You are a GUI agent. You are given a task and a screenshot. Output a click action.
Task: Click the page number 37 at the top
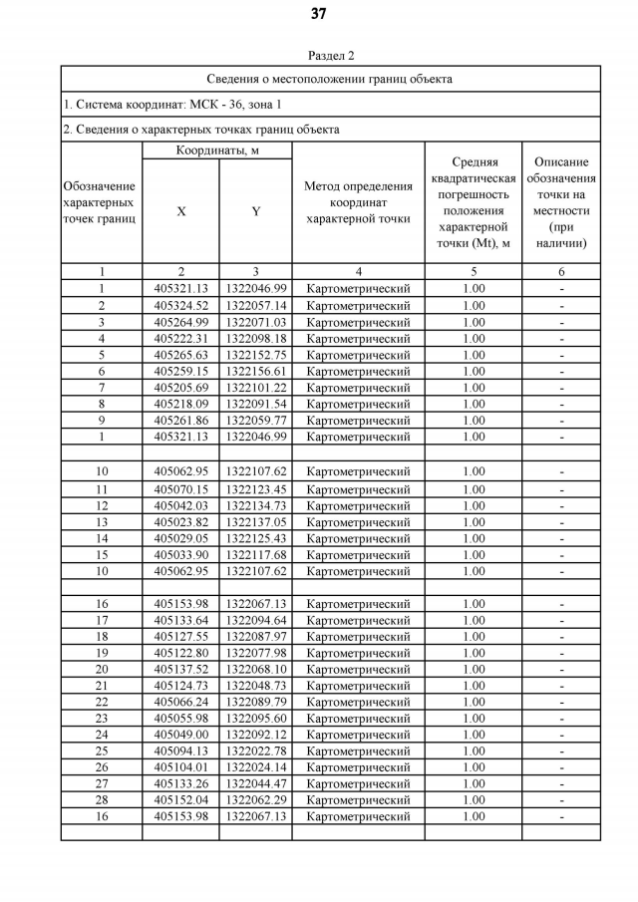pos(318,14)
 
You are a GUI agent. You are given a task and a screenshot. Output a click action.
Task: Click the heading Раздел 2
pos(331,56)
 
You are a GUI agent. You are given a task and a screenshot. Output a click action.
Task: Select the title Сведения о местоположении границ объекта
pos(330,79)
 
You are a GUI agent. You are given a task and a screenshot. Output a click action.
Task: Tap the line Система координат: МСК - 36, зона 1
pos(172,104)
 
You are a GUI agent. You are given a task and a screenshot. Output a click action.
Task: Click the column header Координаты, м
pos(217,150)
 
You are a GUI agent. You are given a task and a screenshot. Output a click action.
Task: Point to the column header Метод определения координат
pos(358,202)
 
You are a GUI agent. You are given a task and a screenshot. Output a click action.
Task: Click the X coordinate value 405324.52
pos(180,306)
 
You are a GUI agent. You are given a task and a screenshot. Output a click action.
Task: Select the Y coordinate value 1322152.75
pos(255,355)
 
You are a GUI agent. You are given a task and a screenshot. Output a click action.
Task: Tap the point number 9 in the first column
pos(102,421)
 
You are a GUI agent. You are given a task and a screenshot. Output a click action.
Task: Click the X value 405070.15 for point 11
pos(180,489)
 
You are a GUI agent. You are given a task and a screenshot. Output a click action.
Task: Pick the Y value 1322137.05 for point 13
pos(255,522)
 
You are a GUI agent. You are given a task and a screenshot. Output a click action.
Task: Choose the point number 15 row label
pos(102,555)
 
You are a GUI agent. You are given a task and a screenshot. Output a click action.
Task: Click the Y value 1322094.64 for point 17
pos(255,620)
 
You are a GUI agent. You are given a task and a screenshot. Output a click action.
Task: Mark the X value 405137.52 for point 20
pos(180,670)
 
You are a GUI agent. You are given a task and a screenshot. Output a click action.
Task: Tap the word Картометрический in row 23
pos(358,719)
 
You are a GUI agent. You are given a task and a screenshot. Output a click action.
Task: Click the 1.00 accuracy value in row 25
pos(474,752)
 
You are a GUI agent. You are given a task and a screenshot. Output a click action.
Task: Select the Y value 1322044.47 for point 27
pos(255,783)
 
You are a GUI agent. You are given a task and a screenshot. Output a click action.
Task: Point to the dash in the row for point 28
pos(561,800)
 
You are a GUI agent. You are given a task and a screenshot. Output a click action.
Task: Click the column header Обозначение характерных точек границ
pos(101,202)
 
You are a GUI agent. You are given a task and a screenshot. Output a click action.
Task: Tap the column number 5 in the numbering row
pos(474,272)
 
